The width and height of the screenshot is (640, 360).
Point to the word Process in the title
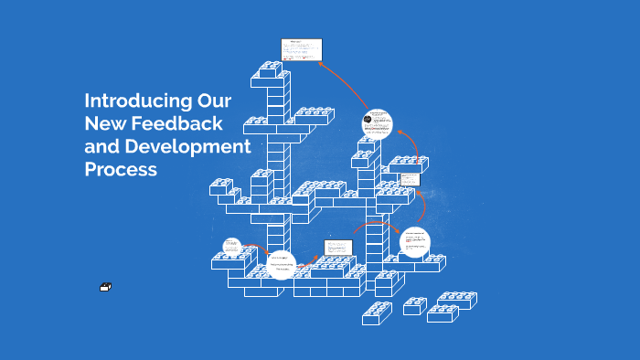coord(121,169)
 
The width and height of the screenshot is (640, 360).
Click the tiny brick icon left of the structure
coord(105,288)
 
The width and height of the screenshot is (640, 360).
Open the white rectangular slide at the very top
coord(301,49)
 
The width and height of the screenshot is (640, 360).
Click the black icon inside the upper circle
coord(367,120)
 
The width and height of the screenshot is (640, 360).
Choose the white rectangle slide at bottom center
coord(338,247)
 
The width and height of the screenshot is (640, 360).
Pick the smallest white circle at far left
coord(231,246)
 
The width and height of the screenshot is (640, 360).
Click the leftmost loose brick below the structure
coord(377,312)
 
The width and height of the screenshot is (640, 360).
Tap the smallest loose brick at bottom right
coord(415,306)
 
